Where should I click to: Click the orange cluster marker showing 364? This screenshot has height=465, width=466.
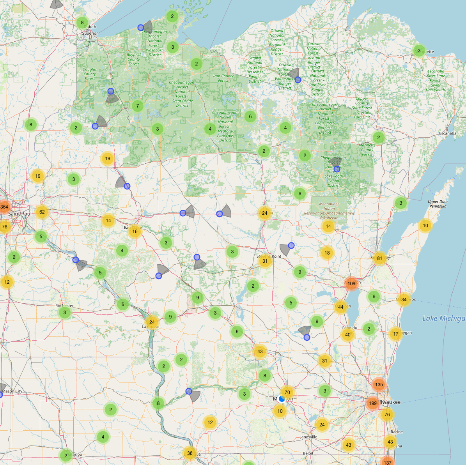click(x=4, y=207)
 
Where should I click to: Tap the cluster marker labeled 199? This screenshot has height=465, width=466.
click(x=373, y=403)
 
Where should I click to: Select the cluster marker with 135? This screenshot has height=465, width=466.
click(x=379, y=384)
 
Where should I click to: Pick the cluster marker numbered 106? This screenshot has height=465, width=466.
click(x=351, y=284)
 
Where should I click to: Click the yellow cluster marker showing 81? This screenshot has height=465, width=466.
click(x=379, y=258)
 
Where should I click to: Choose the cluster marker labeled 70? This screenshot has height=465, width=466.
click(x=287, y=393)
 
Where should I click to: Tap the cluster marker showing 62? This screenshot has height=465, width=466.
click(x=42, y=212)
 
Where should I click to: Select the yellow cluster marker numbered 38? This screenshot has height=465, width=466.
click(x=190, y=453)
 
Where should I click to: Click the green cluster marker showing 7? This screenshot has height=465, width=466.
click(x=138, y=106)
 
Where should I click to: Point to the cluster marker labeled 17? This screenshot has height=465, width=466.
click(x=396, y=334)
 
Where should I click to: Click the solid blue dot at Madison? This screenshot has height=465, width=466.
click(x=282, y=399)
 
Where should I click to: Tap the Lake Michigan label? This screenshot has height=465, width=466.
click(x=444, y=318)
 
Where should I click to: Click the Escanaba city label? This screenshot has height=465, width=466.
click(x=447, y=133)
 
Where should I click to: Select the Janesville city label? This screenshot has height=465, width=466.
click(x=308, y=437)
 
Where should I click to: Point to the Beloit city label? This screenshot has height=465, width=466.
click(x=308, y=453)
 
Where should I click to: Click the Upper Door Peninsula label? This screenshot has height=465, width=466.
click(x=438, y=204)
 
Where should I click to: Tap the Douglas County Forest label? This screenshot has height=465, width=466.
click(x=90, y=74)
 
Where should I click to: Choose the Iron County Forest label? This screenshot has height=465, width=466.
click(x=223, y=78)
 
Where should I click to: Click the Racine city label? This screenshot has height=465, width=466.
click(x=397, y=432)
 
